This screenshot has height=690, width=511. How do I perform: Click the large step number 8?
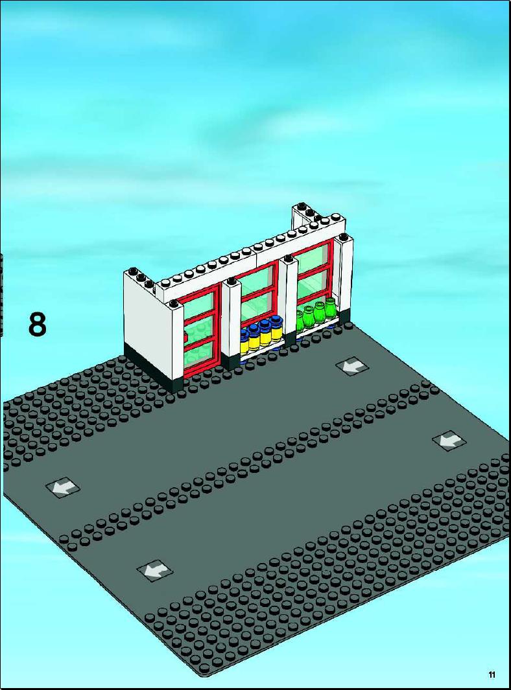[x=37, y=325]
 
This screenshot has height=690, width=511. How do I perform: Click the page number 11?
[x=492, y=674]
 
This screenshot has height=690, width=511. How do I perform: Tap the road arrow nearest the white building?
[x=352, y=366]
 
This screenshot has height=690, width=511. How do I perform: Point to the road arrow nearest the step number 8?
[x=62, y=487]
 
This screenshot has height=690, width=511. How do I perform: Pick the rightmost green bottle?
[x=330, y=309]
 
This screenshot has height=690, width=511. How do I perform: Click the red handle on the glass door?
[x=186, y=338]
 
